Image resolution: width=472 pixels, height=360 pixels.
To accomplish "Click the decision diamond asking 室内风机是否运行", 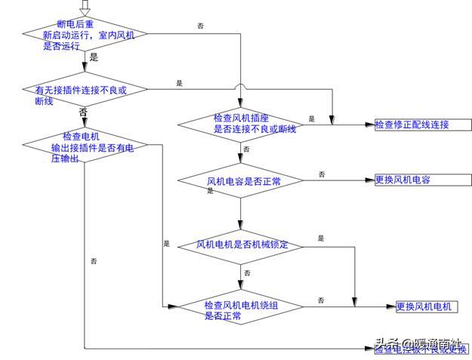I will coord(84,35).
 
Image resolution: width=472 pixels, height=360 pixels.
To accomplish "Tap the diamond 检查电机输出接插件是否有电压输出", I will coord(84,146).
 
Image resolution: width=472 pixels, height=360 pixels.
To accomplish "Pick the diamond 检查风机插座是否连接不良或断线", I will coord(240,124).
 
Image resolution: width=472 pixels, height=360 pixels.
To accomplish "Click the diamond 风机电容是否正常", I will coord(240,181).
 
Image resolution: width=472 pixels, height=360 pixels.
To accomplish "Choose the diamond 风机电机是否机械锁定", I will coord(240,245).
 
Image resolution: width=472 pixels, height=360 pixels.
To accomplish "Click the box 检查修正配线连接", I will coord(421,125).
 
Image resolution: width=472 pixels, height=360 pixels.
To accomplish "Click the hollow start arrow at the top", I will coord(85,7).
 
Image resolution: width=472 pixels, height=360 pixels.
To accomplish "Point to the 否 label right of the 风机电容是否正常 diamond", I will coord(322,174).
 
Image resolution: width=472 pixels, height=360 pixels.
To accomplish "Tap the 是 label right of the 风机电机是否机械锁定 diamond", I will coord(321,238).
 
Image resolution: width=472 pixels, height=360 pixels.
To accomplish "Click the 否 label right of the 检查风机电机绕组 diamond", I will coord(321,300).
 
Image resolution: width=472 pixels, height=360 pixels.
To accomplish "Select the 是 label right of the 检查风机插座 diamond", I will coord(311,118).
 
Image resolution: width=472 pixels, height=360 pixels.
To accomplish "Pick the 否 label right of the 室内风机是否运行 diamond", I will coord(200,26).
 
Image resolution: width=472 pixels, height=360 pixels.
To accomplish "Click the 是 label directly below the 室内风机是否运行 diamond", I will coord(94,57).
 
